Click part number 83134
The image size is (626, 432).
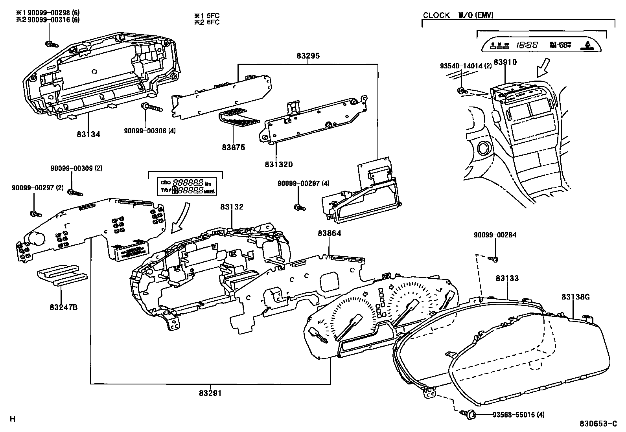[88, 134]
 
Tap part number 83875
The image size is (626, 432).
[233, 147]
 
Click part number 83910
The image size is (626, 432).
[505, 62]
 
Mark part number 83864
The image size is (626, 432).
[329, 233]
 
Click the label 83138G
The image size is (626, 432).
[575, 297]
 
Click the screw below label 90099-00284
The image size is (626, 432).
[494, 259]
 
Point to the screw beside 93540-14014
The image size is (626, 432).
[461, 91]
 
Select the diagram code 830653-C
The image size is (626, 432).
[598, 424]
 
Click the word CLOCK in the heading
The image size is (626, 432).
[436, 15]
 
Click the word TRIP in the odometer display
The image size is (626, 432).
[166, 190]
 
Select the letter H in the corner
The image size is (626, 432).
[12, 419]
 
